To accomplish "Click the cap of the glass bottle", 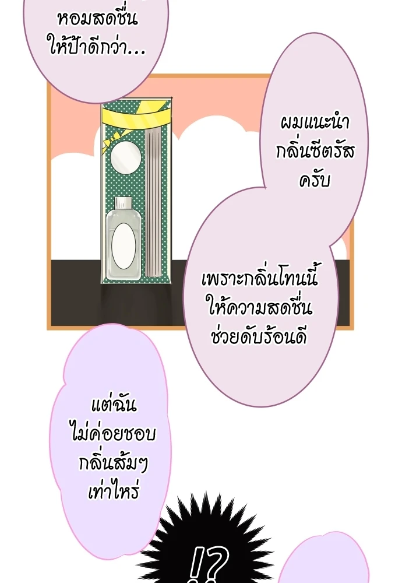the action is [124, 203].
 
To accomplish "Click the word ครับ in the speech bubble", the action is [315, 180].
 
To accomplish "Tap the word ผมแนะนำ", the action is [315, 122].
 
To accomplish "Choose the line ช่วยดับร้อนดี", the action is [259, 337].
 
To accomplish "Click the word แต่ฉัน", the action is [114, 405].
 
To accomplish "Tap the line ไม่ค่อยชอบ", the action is [114, 433].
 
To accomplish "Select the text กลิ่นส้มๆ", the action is [114, 463].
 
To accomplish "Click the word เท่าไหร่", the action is [114, 491].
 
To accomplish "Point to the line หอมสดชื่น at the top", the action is [98, 19].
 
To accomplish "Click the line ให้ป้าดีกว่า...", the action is [97, 47].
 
